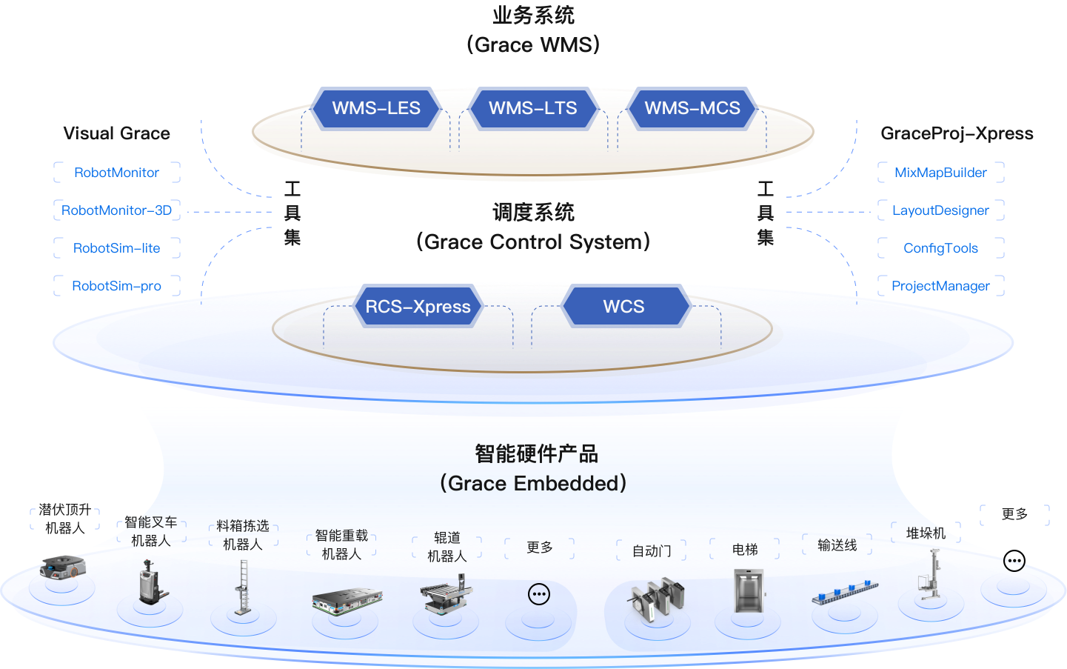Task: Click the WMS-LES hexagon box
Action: (x=376, y=108)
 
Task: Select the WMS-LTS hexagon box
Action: (x=532, y=108)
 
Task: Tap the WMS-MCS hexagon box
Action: (x=692, y=108)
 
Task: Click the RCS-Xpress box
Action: (x=418, y=307)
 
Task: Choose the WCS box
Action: (x=623, y=307)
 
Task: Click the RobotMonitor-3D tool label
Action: (x=116, y=210)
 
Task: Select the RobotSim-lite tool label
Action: (x=116, y=248)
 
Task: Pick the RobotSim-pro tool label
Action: (x=116, y=286)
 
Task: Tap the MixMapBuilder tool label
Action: (x=940, y=173)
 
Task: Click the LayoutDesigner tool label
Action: (x=940, y=210)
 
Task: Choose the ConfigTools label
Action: (x=940, y=248)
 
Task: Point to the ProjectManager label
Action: (x=940, y=286)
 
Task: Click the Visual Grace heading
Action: (x=116, y=133)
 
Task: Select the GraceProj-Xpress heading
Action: (x=957, y=133)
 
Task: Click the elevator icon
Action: (x=748, y=590)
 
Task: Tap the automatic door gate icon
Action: (x=655, y=599)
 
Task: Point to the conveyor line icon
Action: (x=845, y=592)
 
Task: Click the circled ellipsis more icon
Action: (x=539, y=594)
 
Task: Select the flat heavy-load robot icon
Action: (x=347, y=600)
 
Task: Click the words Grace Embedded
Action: (x=537, y=484)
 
